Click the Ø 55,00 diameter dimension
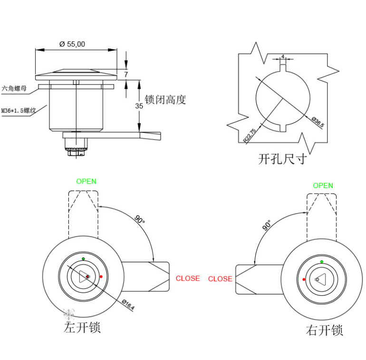(x=72, y=44)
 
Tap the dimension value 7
(x=126, y=75)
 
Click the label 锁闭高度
(x=165, y=100)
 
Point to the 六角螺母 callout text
(x=15, y=88)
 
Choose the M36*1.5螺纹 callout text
(x=19, y=111)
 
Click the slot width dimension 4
(x=283, y=57)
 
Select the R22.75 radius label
(x=250, y=135)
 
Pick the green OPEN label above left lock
(x=86, y=181)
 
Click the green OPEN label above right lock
(x=323, y=186)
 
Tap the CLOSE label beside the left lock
(x=188, y=278)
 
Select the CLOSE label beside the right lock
(x=220, y=279)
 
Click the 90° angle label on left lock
(x=139, y=219)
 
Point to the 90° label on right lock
(x=267, y=225)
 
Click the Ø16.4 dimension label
(x=128, y=304)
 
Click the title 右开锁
(x=324, y=330)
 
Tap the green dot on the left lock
(x=84, y=259)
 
